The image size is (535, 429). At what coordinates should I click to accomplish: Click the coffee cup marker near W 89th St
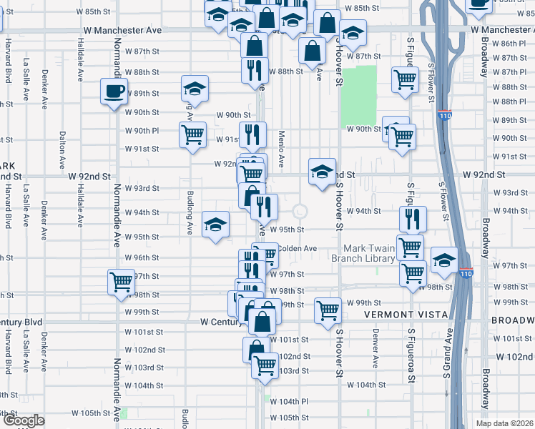(x=114, y=92)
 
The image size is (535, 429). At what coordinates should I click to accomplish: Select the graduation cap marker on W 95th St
(x=215, y=225)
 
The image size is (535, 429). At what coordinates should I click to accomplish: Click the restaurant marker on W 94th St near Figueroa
(x=413, y=219)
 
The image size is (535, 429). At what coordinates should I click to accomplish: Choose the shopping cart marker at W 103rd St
(x=265, y=365)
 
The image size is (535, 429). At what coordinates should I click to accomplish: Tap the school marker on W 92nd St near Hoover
(x=323, y=172)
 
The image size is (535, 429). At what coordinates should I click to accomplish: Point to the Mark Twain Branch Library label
(x=363, y=252)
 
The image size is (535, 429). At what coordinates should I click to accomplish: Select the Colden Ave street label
(x=297, y=248)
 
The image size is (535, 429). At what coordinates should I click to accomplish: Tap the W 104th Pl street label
(x=289, y=402)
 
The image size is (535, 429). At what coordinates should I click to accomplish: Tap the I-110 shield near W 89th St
(x=444, y=114)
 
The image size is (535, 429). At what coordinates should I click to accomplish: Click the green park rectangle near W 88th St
(x=358, y=95)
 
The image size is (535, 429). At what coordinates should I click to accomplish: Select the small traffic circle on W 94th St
(x=300, y=211)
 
